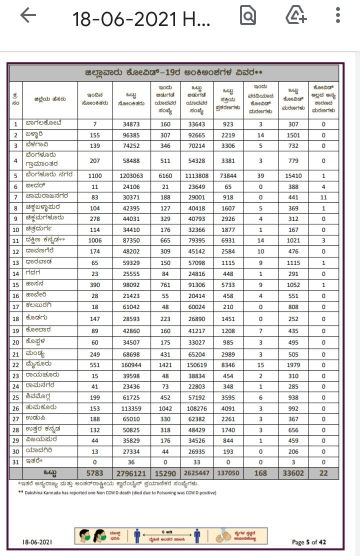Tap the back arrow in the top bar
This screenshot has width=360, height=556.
point(28,17)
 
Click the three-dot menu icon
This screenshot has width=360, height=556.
point(338,17)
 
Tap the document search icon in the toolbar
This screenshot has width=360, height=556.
point(248,17)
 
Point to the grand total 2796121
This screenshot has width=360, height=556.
point(131,473)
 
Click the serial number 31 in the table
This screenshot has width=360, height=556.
point(16,462)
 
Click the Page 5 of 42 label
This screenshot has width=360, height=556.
point(309,542)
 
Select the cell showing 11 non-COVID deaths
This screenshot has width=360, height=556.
point(323,197)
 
